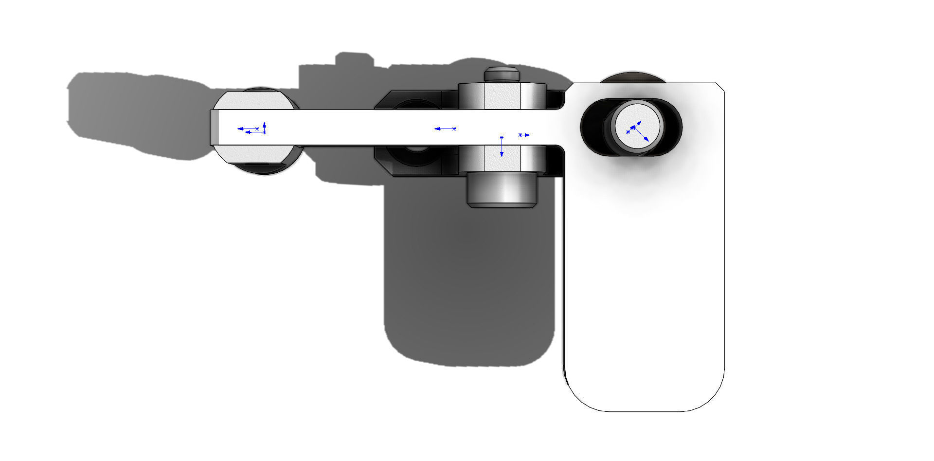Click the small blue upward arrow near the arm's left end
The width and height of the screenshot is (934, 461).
pos(264,127)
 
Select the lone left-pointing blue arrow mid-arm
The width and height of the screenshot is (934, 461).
pos(444,129)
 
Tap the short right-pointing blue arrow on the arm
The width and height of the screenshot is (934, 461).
pos(524,135)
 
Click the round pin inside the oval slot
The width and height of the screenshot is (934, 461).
pos(637,128)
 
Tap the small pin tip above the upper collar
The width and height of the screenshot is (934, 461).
pos(502,74)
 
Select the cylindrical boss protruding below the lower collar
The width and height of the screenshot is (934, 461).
pos(502,191)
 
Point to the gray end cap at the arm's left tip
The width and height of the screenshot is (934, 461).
pos(214,128)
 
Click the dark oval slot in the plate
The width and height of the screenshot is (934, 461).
pos(593,128)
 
